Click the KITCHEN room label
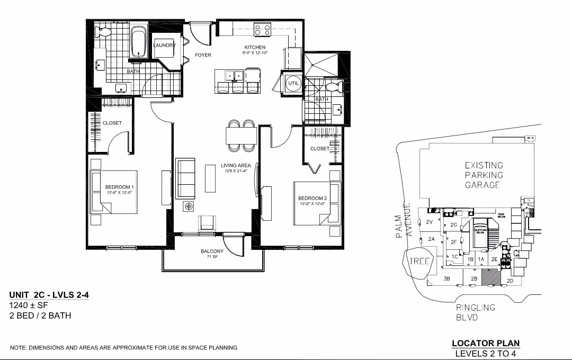(255, 48)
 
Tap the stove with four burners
(262, 30)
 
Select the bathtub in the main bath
(139, 41)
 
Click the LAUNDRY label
(164, 46)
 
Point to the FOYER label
(203, 55)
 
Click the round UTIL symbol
(293, 84)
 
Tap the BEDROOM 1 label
(119, 187)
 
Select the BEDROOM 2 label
(312, 199)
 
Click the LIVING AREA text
(236, 166)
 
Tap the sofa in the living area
(185, 178)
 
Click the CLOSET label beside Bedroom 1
(112, 123)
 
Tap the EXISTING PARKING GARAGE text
(484, 175)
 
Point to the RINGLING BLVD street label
(475, 312)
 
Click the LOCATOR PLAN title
(485, 344)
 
